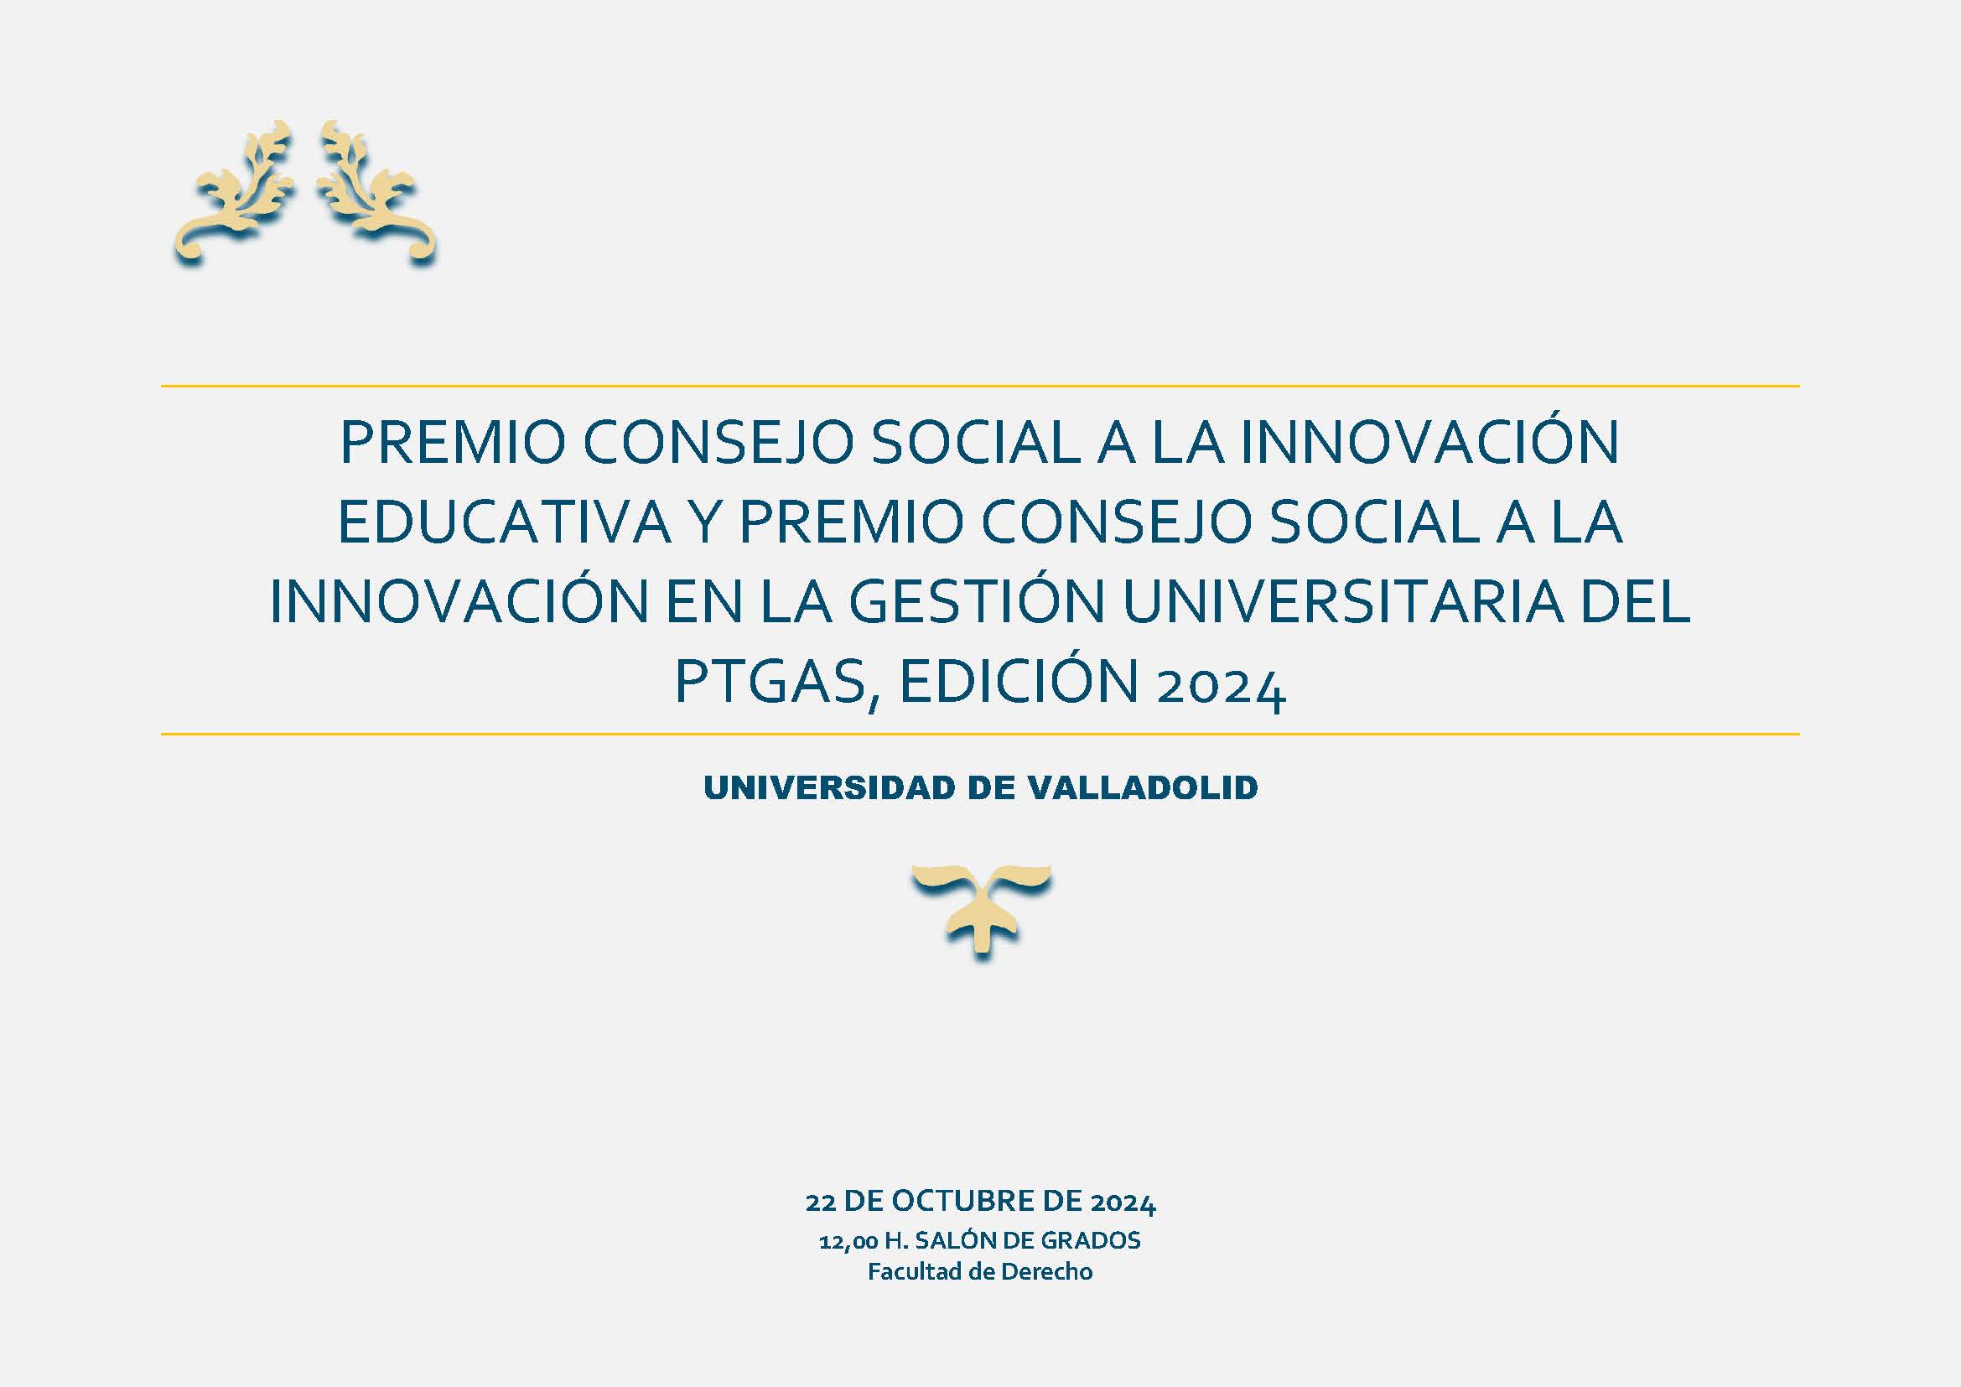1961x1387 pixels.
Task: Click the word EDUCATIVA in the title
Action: coord(505,521)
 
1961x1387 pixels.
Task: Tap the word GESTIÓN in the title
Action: coord(975,601)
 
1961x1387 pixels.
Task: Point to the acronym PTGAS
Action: coord(771,682)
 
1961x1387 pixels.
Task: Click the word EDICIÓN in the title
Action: coord(1019,680)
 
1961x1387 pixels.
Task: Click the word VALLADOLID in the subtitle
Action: coord(1143,787)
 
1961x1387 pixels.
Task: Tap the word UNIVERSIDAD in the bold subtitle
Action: coord(828,787)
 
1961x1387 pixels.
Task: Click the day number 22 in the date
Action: coord(820,1203)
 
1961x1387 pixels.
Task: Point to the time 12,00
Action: coord(849,1242)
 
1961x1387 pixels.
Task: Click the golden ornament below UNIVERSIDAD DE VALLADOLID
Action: coord(982,912)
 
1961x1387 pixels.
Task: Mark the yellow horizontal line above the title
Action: coord(979,386)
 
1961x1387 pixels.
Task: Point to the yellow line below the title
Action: coord(979,734)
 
